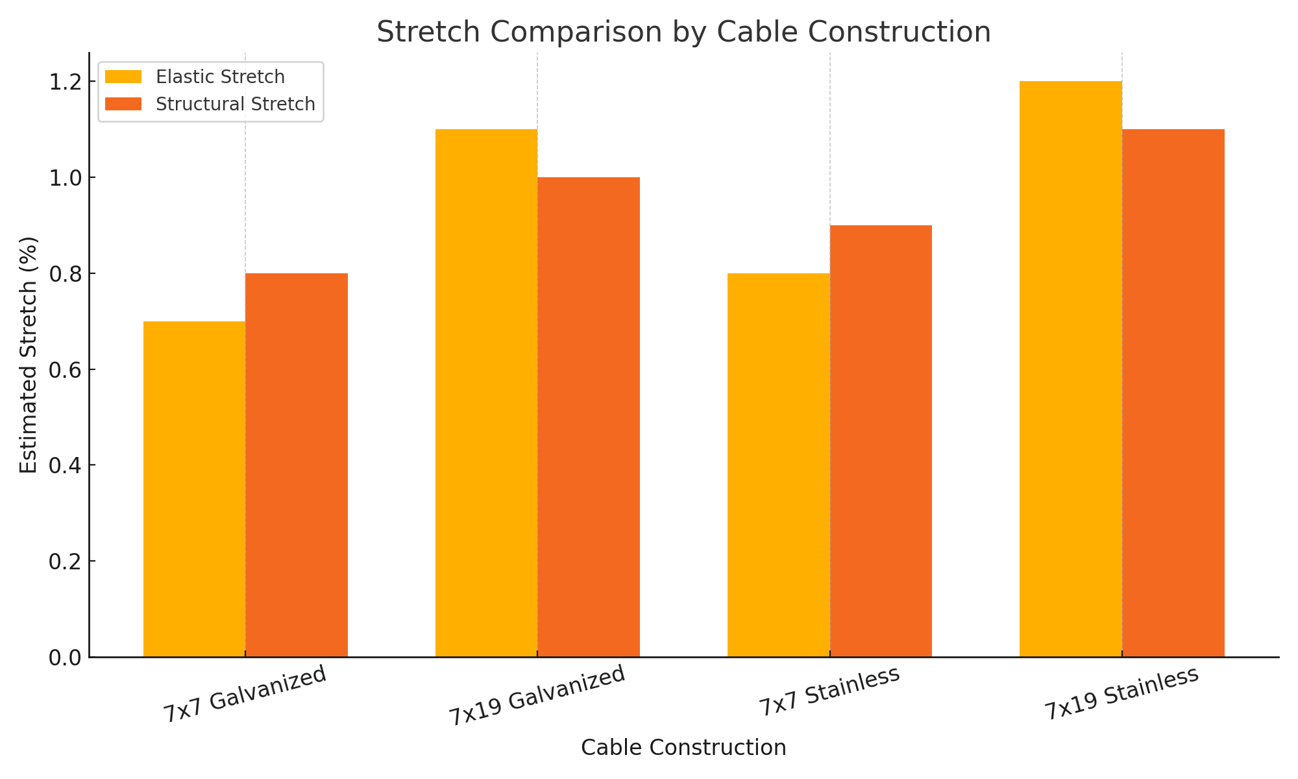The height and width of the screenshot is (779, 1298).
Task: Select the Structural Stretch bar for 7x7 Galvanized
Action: tap(297, 465)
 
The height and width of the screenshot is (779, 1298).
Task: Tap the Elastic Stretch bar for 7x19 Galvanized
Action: tap(486, 393)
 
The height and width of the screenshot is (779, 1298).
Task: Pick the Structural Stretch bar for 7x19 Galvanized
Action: tap(589, 417)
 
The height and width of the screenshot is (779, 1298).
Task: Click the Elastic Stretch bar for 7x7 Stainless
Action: tap(778, 465)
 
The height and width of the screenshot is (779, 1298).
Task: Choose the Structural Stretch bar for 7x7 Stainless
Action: tap(881, 441)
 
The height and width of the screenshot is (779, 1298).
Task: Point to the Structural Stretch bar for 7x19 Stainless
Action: tap(1173, 393)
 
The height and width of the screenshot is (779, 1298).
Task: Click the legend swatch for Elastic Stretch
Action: tap(123, 77)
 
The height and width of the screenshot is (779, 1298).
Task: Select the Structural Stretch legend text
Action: tap(236, 104)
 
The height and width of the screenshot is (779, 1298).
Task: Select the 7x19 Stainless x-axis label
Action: tap(1121, 693)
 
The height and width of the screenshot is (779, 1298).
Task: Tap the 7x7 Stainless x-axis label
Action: tap(829, 692)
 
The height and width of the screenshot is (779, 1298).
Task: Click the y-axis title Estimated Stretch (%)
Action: tap(29, 354)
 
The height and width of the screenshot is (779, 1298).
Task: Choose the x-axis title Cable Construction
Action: tap(683, 748)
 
